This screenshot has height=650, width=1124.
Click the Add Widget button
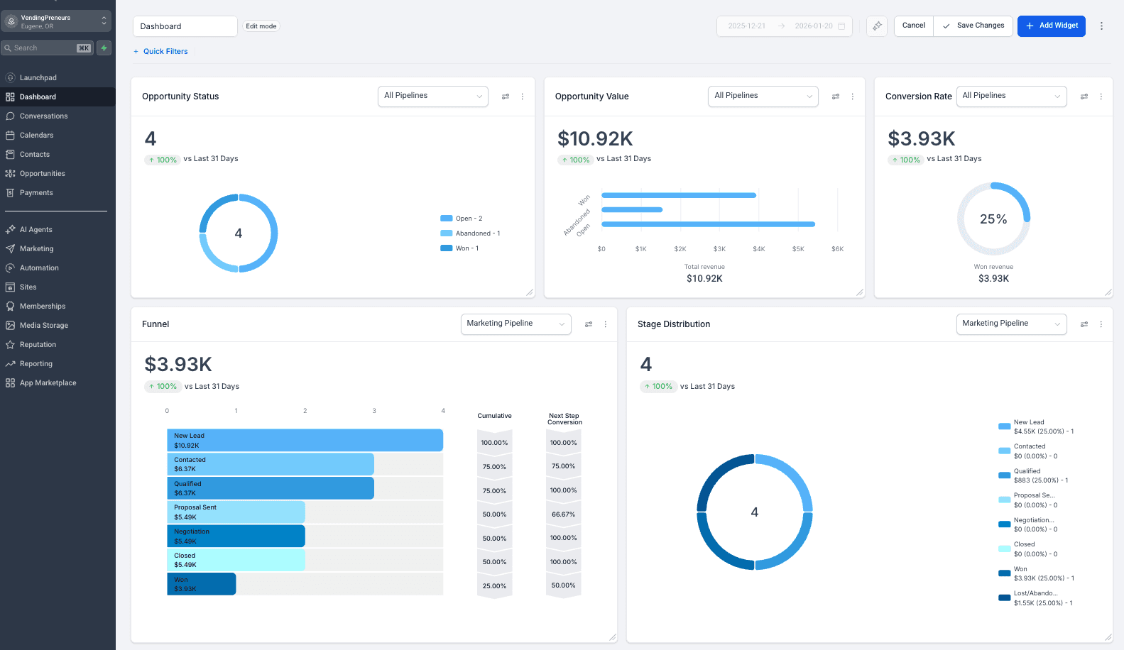(x=1051, y=26)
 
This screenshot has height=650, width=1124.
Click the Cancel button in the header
(x=913, y=26)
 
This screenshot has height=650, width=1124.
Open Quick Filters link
(x=165, y=51)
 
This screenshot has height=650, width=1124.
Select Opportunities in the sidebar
(x=42, y=173)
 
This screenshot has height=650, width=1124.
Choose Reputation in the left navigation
(x=38, y=344)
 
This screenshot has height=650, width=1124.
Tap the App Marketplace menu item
(x=48, y=382)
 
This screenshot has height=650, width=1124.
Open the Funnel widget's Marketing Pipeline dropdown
(x=515, y=324)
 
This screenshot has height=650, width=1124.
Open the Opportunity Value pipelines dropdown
(x=763, y=96)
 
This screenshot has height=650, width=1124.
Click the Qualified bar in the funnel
(x=270, y=488)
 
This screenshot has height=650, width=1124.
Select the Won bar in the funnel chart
(x=202, y=584)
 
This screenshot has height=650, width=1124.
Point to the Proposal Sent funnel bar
(x=236, y=512)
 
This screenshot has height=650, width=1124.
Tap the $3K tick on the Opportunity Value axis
(x=719, y=249)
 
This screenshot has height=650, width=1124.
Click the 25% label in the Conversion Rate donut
(x=993, y=219)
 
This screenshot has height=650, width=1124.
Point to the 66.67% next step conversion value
(x=563, y=514)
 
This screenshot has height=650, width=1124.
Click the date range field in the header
(x=784, y=26)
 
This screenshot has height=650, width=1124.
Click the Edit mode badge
(x=261, y=26)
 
